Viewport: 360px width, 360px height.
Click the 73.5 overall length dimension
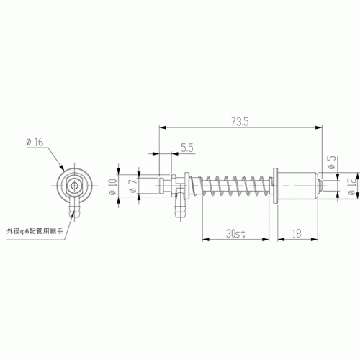point(240,122)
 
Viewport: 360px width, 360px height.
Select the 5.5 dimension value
point(187,148)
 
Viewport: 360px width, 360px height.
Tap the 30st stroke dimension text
point(235,233)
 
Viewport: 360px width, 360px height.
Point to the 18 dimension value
point(297,233)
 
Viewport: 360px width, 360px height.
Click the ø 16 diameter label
point(35,142)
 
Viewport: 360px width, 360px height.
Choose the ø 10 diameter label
point(113,187)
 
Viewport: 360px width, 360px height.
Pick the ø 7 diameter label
point(133,185)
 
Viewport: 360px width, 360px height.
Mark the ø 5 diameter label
point(332,163)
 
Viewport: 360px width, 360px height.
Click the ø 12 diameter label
point(352,186)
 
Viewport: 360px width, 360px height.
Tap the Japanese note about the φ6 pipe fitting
point(35,231)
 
